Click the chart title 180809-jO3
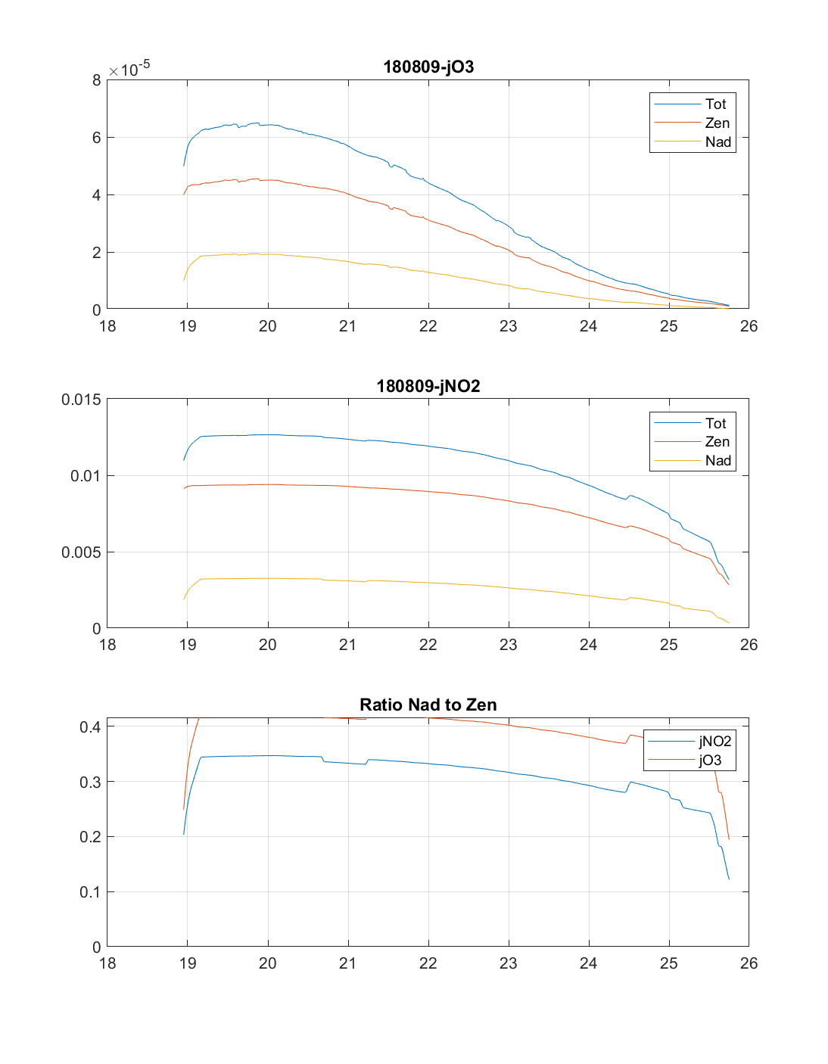428,67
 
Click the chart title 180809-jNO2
428,386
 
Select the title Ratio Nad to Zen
428,705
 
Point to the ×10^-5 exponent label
129,69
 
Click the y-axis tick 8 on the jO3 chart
97,80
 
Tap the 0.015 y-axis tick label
81,400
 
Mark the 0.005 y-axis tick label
81,552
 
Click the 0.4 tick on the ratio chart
90,727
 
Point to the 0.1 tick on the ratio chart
90,892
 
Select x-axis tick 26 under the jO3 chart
749,326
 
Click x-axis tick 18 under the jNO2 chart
107,645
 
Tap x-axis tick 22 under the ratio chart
428,963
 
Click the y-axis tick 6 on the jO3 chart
97,138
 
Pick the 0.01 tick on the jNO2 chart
86,476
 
